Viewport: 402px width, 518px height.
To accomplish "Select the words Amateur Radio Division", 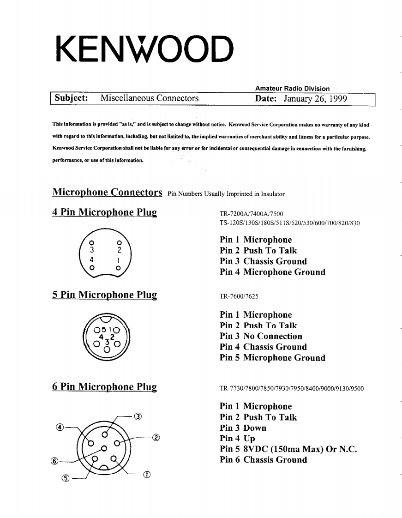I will coord(292,89).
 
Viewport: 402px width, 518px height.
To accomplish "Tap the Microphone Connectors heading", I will coord(107,192).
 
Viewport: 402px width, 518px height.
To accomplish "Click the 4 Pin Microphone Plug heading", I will coord(104,213).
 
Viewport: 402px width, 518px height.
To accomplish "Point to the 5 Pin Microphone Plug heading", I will coord(104,295).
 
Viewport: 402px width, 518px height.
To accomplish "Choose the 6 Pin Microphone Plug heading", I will coord(104,387).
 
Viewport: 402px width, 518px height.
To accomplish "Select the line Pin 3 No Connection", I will coord(261,336).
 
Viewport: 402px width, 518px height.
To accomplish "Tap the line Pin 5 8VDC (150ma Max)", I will coord(288,449).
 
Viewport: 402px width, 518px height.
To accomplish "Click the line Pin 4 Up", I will coord(237,439).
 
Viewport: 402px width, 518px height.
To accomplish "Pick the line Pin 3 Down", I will coord(243,428).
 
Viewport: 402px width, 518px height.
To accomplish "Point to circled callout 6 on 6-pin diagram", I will coord(55,461).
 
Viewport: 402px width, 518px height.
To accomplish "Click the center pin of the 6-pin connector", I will coord(104,448).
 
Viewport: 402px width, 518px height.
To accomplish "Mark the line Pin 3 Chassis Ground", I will coord(263,261).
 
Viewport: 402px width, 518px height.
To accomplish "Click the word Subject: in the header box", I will coord(71,98).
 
